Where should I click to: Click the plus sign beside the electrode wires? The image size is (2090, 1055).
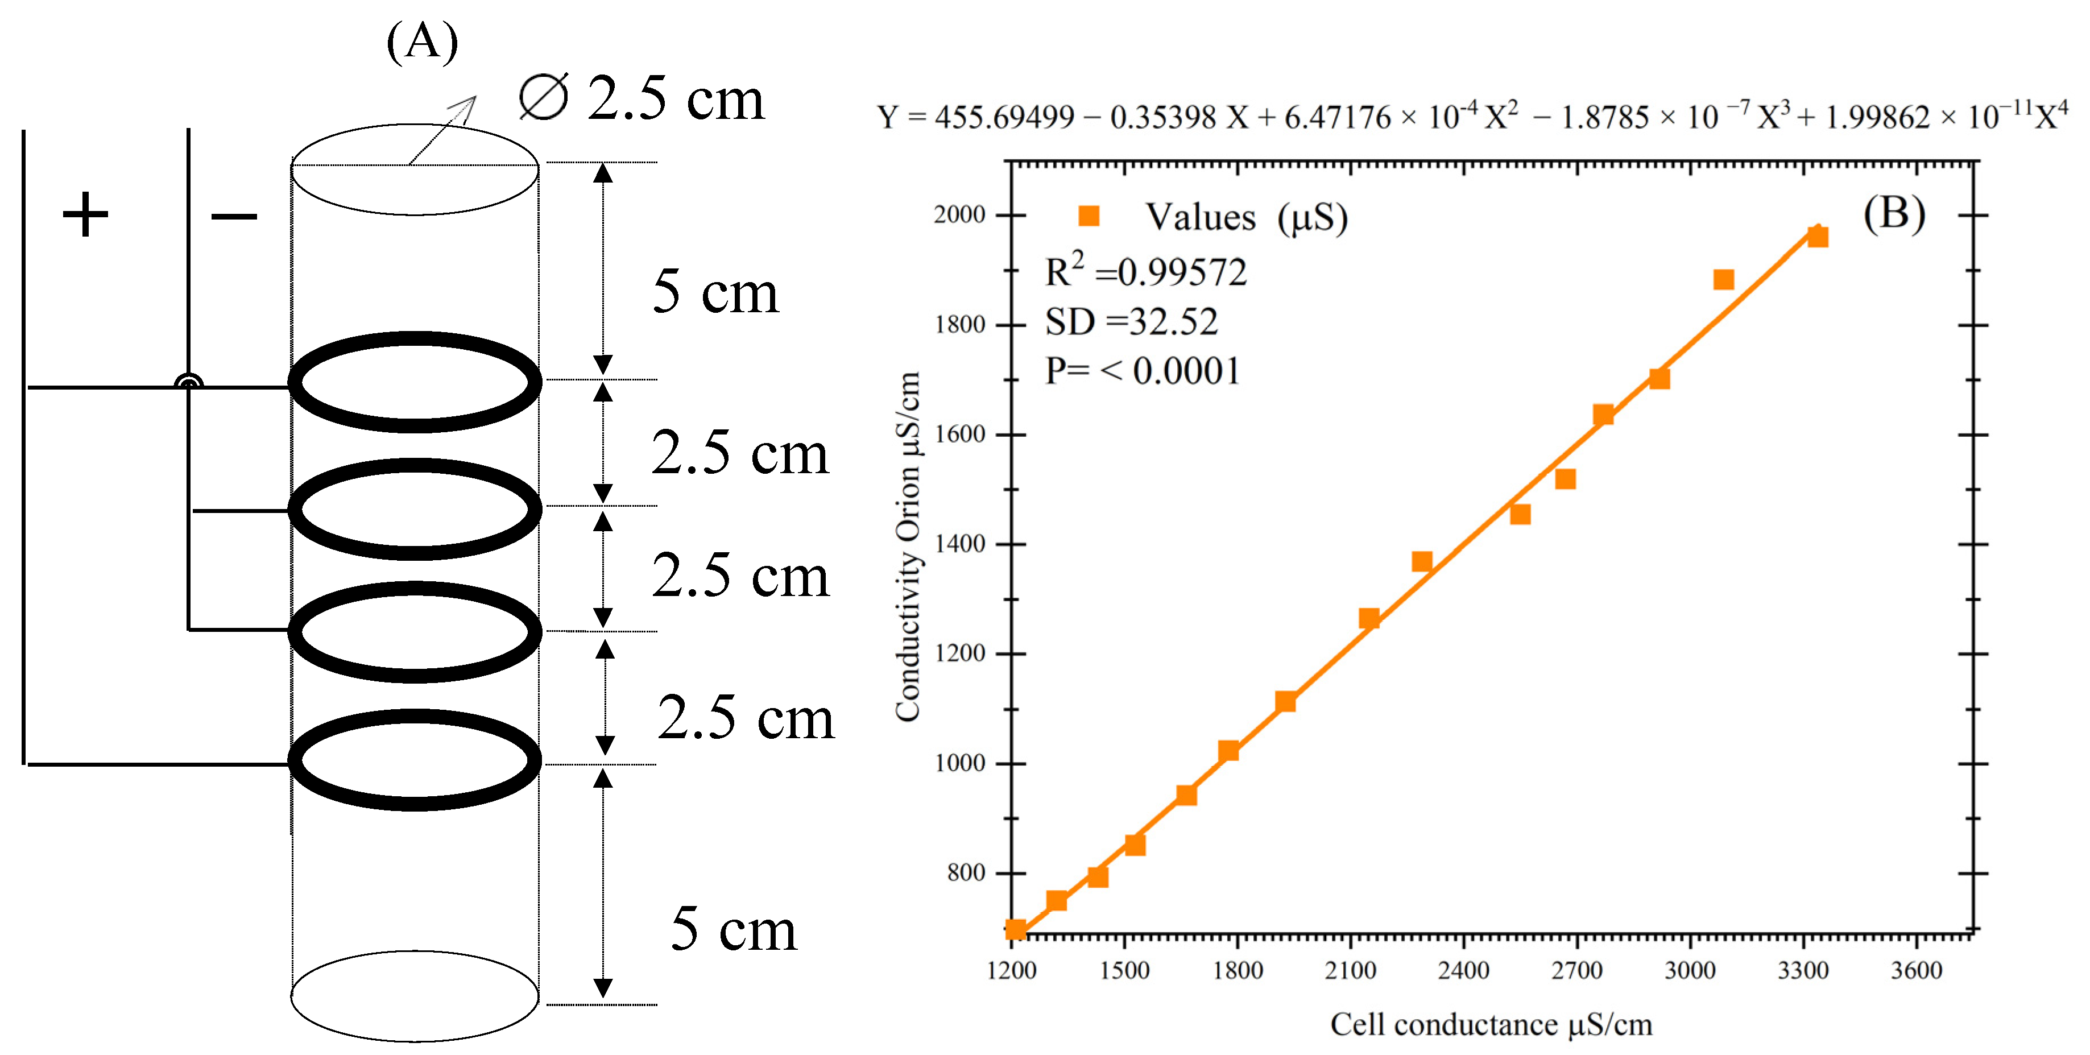[x=84, y=215]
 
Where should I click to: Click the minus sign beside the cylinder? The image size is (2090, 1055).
[x=234, y=216]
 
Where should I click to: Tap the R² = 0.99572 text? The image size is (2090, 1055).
[x=1145, y=271]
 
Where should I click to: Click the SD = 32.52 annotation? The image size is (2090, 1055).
[x=1131, y=322]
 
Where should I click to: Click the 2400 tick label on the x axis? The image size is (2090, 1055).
[x=1463, y=971]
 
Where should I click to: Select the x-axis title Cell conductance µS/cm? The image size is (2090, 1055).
[x=1491, y=1025]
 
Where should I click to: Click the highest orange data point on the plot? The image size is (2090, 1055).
[x=1818, y=237]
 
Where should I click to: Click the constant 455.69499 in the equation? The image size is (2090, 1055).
[x=1004, y=118]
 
